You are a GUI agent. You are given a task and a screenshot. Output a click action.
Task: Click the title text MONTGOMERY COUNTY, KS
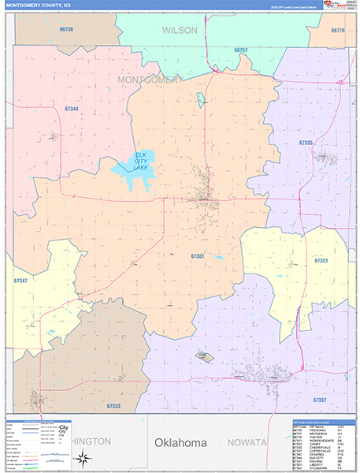[37, 6]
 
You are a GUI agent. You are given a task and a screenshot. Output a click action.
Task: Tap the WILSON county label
[180, 30]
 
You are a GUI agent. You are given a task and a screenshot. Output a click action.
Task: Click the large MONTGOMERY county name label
[150, 80]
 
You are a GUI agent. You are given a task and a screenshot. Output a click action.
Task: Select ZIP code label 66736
[66, 29]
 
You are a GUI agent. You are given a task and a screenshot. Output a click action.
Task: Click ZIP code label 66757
[241, 50]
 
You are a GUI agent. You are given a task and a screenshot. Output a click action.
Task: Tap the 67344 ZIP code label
[72, 108]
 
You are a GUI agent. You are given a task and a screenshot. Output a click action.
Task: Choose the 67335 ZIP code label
[306, 143]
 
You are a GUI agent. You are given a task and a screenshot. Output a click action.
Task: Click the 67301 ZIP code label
[198, 255]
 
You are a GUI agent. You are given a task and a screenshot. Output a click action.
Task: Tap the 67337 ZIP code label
[320, 400]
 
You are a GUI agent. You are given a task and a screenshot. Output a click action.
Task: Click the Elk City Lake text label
[141, 161]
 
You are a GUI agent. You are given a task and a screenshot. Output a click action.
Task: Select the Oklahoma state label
[180, 443]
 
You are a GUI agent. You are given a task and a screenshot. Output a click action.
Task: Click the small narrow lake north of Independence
[201, 100]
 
